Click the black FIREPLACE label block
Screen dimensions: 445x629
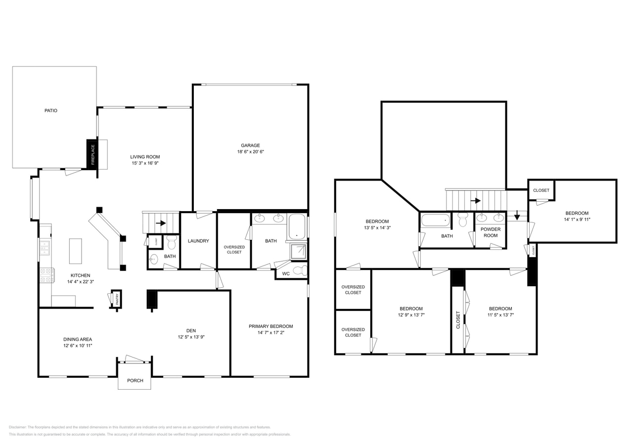coord(92,154)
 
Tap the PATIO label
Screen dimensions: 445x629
coord(51,110)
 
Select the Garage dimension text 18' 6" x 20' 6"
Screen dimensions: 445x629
coord(250,152)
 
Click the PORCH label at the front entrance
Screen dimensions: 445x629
coord(135,381)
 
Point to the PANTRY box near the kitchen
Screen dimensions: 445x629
coord(117,299)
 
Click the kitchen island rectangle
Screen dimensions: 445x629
coord(75,251)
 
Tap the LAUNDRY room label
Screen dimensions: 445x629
coord(198,241)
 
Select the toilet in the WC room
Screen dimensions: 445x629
coord(300,270)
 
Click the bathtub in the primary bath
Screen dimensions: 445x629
coord(297,226)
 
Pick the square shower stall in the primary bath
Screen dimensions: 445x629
coord(298,252)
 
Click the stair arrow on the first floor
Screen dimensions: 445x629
coord(161,223)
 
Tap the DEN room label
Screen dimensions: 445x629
coord(191,330)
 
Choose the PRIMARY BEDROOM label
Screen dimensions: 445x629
coord(270,326)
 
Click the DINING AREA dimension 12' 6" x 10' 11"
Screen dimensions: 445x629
coord(78,346)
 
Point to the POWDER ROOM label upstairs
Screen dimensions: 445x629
coord(491,232)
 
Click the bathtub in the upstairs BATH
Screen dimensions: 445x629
coord(436,220)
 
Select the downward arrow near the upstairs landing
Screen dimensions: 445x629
coord(517,215)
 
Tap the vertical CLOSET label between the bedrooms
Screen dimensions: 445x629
coord(458,319)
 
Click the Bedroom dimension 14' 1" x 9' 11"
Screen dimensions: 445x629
coord(577,220)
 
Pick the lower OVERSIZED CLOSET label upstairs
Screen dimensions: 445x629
coord(353,332)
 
